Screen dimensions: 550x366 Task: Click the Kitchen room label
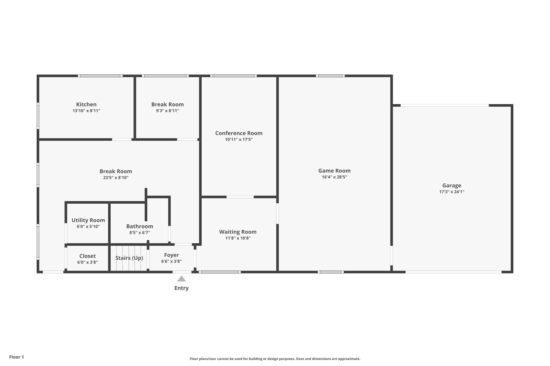tap(86, 104)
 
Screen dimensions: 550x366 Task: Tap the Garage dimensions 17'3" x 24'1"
tap(452, 192)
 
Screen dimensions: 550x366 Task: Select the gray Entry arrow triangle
tap(181, 279)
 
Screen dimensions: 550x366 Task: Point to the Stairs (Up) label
tap(129, 258)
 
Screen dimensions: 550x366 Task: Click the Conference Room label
tap(239, 133)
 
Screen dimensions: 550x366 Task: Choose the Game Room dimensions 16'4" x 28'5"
tap(334, 177)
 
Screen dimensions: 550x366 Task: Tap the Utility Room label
tap(88, 220)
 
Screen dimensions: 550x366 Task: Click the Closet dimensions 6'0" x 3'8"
tap(87, 262)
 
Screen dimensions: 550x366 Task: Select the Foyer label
tap(171, 255)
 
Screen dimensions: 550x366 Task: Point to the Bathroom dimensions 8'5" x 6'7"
tap(140, 232)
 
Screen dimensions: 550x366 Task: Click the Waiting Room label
tap(238, 232)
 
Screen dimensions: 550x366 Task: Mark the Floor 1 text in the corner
tap(16, 357)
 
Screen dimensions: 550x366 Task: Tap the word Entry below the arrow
tap(181, 288)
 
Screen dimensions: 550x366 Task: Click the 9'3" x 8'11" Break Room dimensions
tap(167, 110)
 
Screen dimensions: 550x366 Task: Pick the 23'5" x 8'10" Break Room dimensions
tap(116, 178)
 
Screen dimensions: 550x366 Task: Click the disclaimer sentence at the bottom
tap(275, 359)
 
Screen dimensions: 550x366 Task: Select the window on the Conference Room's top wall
tap(234, 76)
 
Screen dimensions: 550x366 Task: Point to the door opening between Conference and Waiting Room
tap(240, 197)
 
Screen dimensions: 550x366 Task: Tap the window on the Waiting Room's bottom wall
tap(220, 272)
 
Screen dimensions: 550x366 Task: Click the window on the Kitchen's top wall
tap(100, 76)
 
